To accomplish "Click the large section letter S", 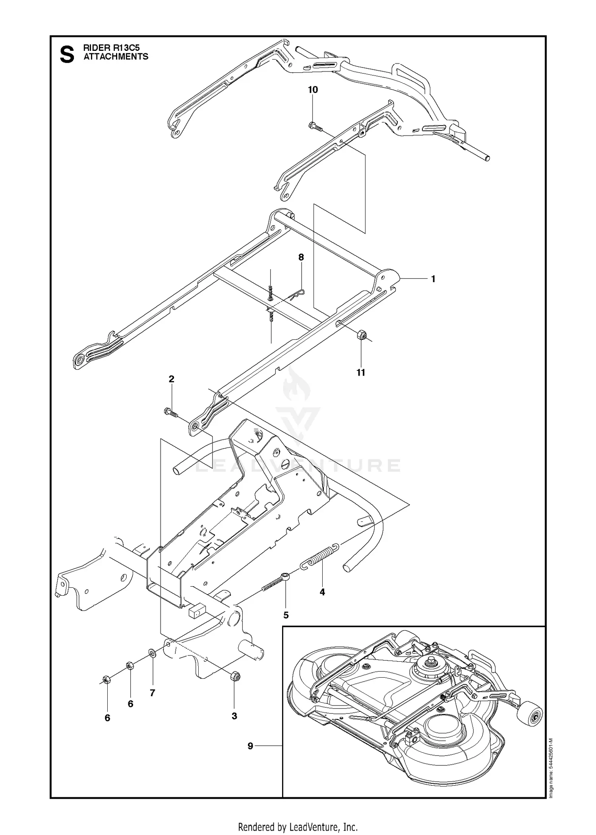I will pyautogui.click(x=67, y=55).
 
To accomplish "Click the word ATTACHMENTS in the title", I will pyautogui.click(x=116, y=57).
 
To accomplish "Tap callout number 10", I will pyautogui.click(x=313, y=90).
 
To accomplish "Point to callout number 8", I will pyautogui.click(x=301, y=257).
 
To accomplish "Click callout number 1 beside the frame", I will pyautogui.click(x=433, y=279).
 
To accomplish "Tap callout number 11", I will pyautogui.click(x=360, y=372).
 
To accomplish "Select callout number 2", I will pyautogui.click(x=171, y=379).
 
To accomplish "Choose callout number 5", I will pyautogui.click(x=286, y=615).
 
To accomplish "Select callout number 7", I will pyautogui.click(x=152, y=693).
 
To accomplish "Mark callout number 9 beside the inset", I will pyautogui.click(x=250, y=746).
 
